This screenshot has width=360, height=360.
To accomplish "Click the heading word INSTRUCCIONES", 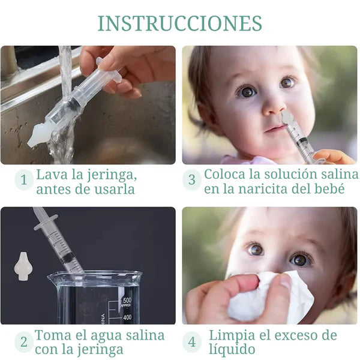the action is pos(180,23).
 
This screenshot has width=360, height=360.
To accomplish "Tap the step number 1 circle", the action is pos(24,180).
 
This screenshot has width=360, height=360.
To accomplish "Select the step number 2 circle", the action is pos(24,342).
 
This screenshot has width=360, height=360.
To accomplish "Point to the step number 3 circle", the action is pos(192,179).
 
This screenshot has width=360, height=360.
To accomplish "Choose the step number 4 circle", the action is pos(192,342).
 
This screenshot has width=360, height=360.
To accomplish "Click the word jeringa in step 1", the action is pos(112,176).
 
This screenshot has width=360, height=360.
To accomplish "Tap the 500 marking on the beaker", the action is pos(127,300).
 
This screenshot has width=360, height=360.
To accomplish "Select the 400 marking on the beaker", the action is pos(127,317).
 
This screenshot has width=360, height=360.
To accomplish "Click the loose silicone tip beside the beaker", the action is pos(22,266).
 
